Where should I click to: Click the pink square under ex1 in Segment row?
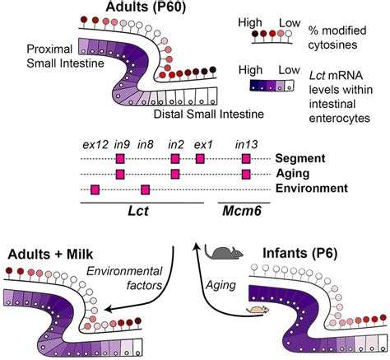click(x=200, y=158)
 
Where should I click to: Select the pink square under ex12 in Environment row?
click(x=95, y=189)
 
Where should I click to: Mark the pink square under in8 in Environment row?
click(x=145, y=189)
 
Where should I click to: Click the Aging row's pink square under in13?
click(x=246, y=174)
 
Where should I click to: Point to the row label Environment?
click(x=310, y=189)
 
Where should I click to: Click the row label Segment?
click(x=299, y=158)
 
